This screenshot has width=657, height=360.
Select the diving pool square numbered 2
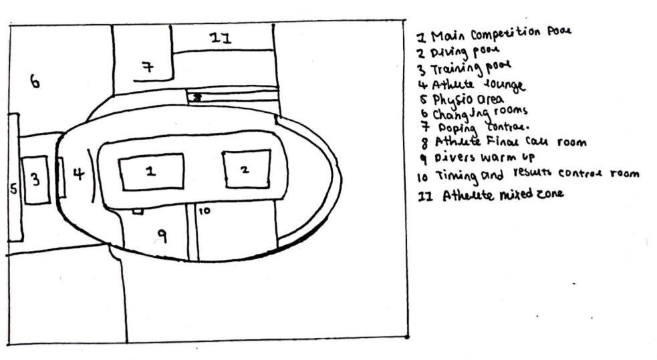coord(245,169)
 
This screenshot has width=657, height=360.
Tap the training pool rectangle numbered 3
coord(36,180)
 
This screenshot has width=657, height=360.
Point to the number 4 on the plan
coord(78,175)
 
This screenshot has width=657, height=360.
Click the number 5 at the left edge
coord(13,189)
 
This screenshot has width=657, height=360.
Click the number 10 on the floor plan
coord(205,210)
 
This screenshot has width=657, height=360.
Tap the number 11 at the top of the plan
coord(221,39)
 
